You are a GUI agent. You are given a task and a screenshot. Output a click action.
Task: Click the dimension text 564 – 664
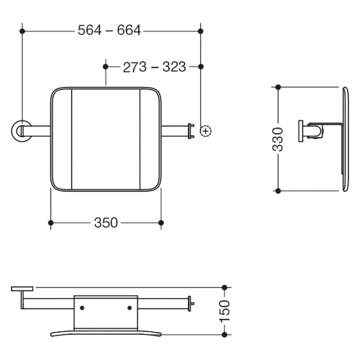click(109, 31)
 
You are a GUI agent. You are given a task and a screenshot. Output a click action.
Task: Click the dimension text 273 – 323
click(154, 67)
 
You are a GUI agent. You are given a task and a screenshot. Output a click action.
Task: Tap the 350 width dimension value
click(106, 223)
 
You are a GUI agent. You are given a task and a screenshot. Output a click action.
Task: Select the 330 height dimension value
click(278, 139)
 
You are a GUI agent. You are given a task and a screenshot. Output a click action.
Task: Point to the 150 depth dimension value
click(225, 311)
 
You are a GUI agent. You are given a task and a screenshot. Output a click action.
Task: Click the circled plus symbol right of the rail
click(205, 131)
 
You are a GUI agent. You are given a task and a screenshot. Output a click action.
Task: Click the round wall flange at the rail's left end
click(22, 130)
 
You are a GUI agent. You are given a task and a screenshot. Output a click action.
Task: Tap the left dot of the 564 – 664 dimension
click(22, 31)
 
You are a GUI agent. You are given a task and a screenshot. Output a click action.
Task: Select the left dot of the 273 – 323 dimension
click(106, 67)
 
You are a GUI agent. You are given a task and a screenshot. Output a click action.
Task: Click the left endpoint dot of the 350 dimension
click(50, 223)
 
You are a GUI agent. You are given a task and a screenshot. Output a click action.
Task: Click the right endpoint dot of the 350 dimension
click(161, 223)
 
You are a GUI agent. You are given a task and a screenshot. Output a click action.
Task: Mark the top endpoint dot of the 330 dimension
click(278, 87)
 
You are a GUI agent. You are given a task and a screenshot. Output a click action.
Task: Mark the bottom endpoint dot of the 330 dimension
click(278, 191)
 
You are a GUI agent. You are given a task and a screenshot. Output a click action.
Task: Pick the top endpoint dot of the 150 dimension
click(224, 287)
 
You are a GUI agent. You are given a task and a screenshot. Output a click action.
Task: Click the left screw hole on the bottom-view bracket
click(82, 308)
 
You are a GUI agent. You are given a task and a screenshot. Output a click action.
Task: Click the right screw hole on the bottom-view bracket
click(129, 308)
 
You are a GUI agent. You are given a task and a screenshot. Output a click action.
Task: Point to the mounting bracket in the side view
click(314, 131)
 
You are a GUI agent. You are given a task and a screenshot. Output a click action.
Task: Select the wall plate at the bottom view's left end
click(22, 289)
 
